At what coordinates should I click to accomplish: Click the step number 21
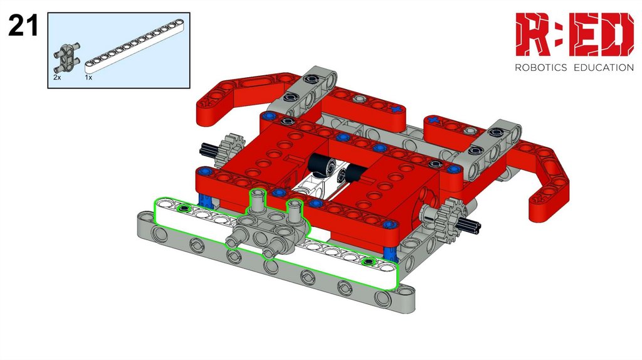[x=23, y=26]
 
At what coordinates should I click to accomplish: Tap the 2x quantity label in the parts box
[x=57, y=77]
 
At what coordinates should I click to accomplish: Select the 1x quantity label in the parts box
[x=88, y=77]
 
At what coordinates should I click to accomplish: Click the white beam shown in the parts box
[x=134, y=46]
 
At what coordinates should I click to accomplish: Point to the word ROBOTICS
[x=540, y=68]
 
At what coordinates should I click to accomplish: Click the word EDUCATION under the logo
[x=604, y=68]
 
